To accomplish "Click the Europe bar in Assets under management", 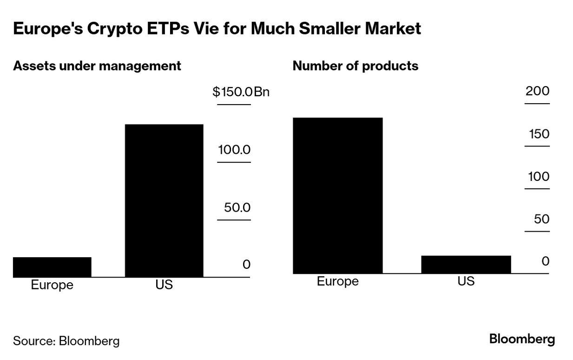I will click(52, 267).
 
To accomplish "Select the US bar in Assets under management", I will click(164, 200).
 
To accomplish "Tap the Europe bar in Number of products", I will click(338, 195).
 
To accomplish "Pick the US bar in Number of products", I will click(466, 264).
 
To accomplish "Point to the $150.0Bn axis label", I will click(241, 92).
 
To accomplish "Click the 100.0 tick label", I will click(234, 150).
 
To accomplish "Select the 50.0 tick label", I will click(237, 207).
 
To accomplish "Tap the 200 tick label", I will click(537, 91).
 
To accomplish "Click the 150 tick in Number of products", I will click(539, 134).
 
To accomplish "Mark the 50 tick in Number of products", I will click(541, 219).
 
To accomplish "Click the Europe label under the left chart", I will click(52, 285).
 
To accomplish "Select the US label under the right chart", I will click(466, 281).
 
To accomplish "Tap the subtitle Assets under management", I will click(97, 66).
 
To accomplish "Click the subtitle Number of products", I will click(356, 66).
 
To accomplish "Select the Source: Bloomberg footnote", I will click(66, 341).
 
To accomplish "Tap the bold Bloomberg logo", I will click(522, 339).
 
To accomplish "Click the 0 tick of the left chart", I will click(246, 265).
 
